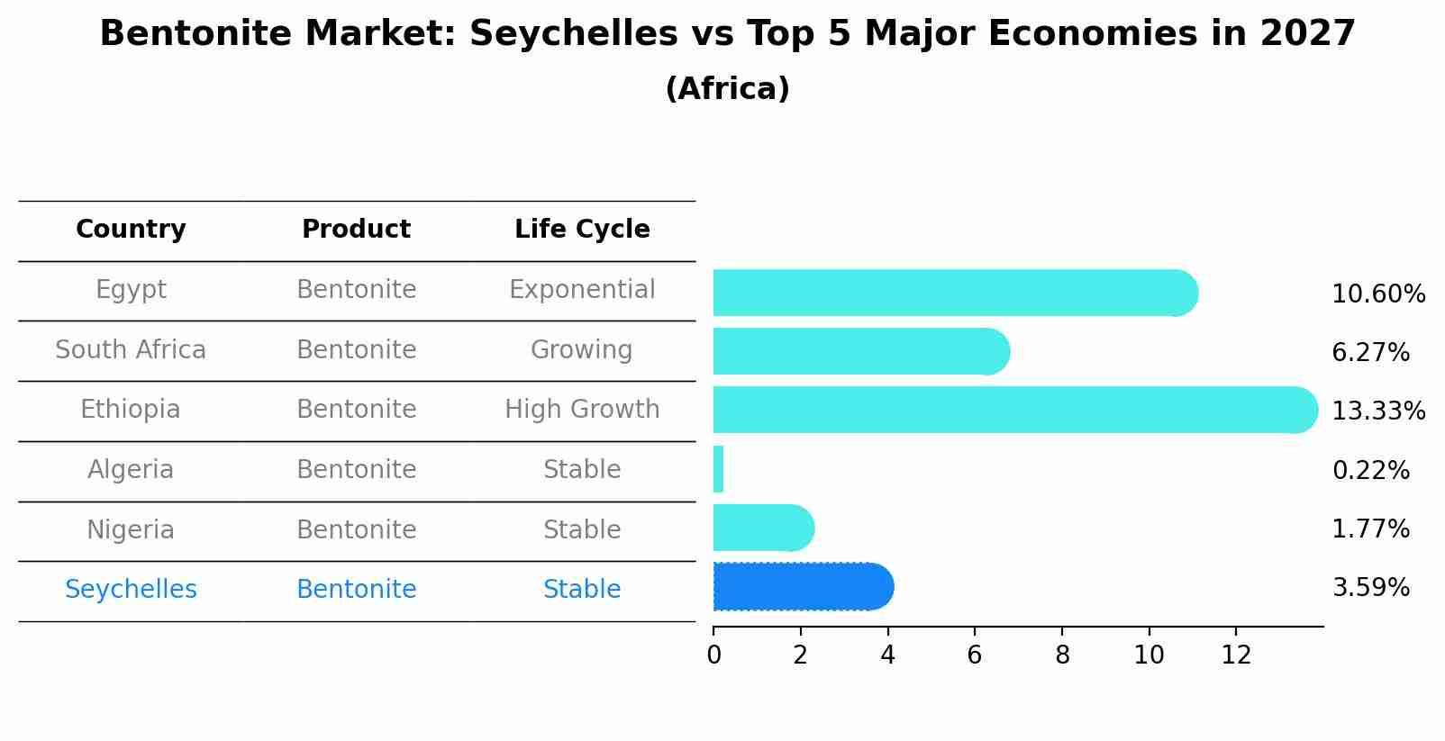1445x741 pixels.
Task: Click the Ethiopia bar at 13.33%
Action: [x=1014, y=410]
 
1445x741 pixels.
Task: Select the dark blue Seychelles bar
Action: [x=802, y=587]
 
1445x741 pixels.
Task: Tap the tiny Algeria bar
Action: [x=718, y=469]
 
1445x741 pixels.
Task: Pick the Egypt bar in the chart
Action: [x=955, y=293]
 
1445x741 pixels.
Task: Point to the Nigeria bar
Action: [x=763, y=528]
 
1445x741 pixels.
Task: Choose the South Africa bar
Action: [x=860, y=351]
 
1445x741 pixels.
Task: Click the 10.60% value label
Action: [x=1378, y=294]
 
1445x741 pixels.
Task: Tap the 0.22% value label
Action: [x=1370, y=470]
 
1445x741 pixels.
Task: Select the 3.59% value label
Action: [x=1370, y=588]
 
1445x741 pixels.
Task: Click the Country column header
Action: [x=131, y=230]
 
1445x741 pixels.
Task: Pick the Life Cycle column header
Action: [x=582, y=230]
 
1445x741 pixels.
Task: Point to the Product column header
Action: [x=356, y=230]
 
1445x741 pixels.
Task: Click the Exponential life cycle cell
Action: [x=582, y=290]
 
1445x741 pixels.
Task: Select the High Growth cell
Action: [x=582, y=410]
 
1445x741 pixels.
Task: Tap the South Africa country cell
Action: [x=131, y=349]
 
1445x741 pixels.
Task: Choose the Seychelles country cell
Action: [x=131, y=590]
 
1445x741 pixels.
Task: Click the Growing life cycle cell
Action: [x=582, y=349]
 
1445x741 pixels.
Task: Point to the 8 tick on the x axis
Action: [x=1062, y=655]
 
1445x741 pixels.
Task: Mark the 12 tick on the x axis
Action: [x=1236, y=655]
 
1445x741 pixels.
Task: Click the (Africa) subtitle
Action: [x=727, y=89]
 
